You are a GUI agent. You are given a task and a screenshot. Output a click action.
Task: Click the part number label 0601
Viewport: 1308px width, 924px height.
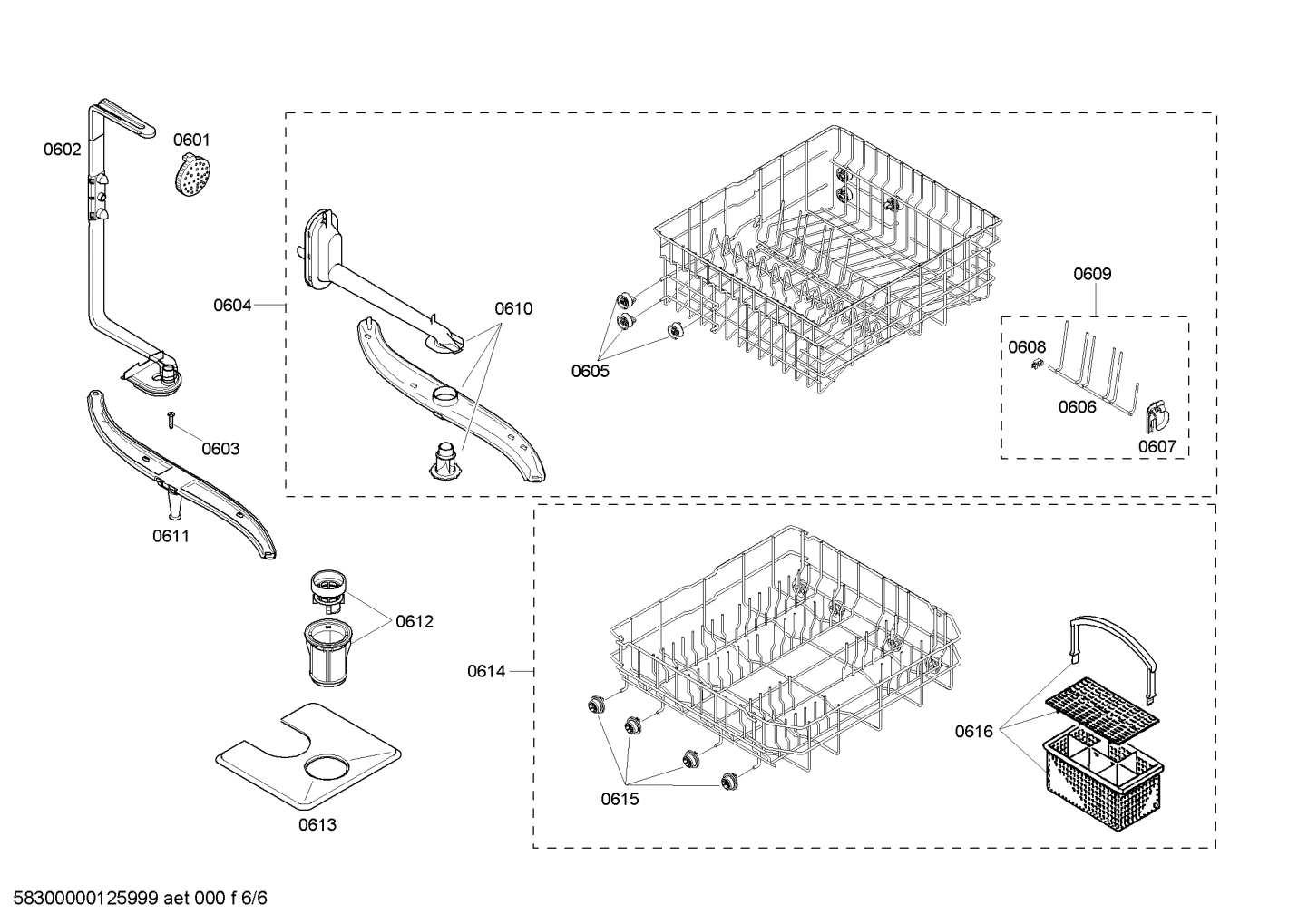(191, 140)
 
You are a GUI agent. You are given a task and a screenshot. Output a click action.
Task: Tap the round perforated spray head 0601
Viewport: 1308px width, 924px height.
(189, 173)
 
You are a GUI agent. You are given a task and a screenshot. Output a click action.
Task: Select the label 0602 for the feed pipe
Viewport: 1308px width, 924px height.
(62, 150)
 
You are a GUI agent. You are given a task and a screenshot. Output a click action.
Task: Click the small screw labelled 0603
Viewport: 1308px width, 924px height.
(171, 418)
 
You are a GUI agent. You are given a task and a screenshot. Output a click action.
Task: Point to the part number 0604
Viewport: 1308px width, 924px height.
(232, 306)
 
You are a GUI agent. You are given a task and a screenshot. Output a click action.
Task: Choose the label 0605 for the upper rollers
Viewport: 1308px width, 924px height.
(590, 370)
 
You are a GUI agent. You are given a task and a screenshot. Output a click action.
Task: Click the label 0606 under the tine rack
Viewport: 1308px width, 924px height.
(1077, 407)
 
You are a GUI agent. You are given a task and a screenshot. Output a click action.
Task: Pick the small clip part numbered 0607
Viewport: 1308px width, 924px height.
(1157, 416)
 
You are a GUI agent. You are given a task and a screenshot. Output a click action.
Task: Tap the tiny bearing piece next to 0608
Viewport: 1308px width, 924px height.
(1035, 365)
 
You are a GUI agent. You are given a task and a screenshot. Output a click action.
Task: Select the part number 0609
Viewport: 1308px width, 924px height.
(1092, 274)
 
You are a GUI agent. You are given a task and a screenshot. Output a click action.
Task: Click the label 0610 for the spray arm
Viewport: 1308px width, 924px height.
(513, 308)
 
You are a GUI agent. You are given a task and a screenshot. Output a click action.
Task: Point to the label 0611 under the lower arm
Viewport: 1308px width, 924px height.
(171, 536)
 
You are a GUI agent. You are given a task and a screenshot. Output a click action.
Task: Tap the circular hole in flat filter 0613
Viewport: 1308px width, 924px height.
(324, 769)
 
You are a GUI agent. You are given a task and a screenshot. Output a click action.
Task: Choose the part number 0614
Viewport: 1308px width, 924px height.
(486, 671)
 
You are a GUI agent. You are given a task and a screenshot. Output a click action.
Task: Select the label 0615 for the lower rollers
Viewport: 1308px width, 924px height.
(620, 799)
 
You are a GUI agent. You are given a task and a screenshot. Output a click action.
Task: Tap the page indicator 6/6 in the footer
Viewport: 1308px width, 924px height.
(257, 899)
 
